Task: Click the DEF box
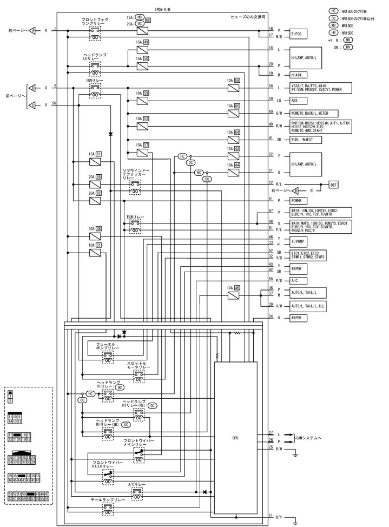point(334,185)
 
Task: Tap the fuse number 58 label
point(237,81)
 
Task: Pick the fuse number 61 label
point(99,154)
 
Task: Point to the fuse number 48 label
point(99,228)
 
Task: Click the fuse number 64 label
point(237,133)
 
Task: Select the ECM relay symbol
point(134,226)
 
